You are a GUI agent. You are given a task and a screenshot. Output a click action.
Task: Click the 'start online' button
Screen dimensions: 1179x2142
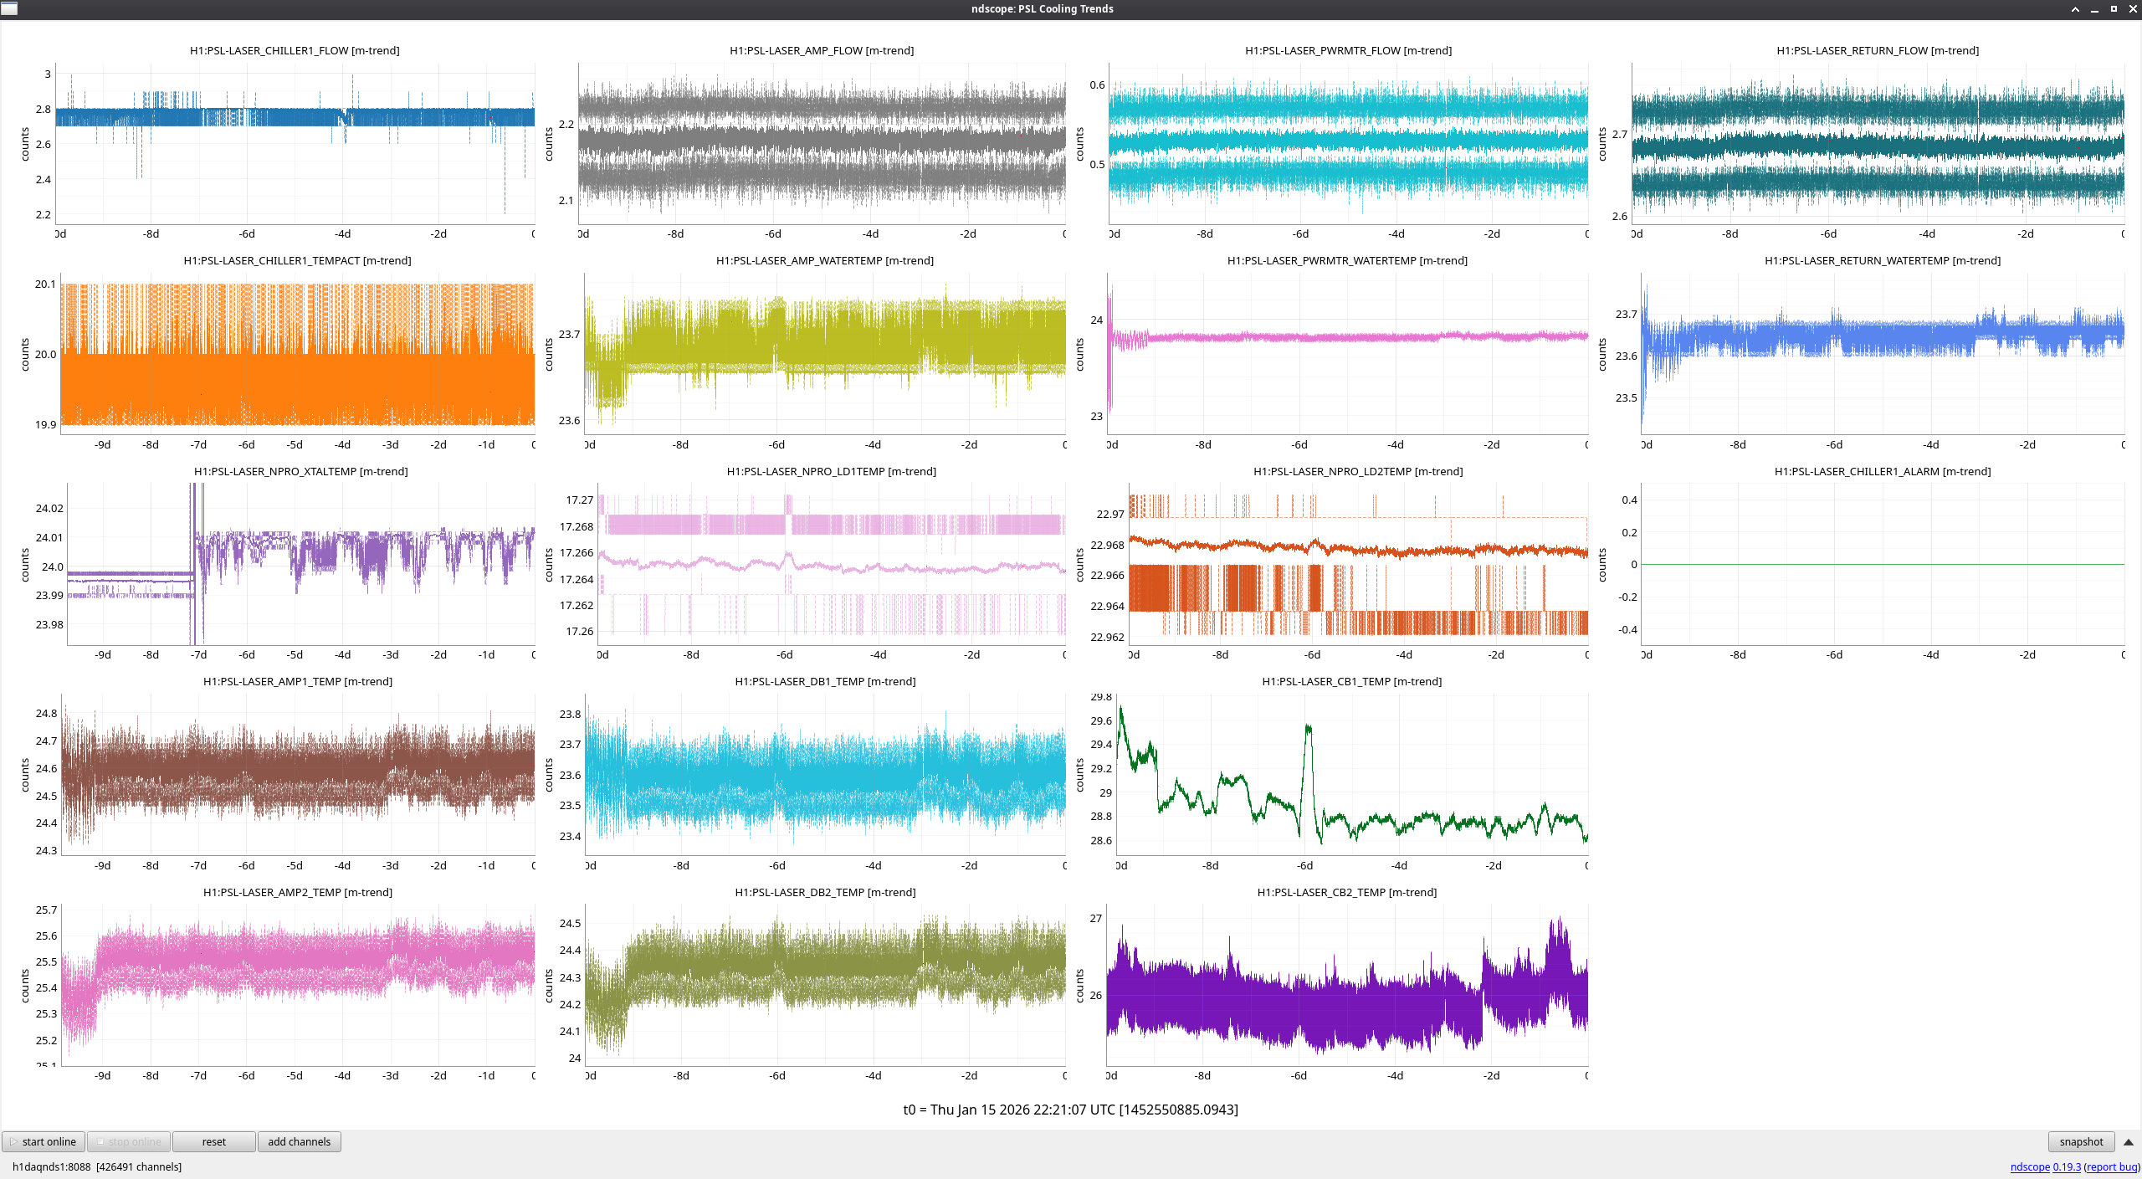click(44, 1141)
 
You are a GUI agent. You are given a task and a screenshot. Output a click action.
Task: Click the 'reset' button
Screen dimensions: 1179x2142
click(213, 1141)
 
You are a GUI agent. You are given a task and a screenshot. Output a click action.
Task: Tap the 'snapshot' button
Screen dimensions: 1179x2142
click(2081, 1141)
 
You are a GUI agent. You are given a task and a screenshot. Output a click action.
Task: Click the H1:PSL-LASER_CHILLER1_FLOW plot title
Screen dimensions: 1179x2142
click(295, 50)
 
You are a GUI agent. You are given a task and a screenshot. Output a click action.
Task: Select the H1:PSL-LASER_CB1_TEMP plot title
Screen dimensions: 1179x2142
click(1351, 681)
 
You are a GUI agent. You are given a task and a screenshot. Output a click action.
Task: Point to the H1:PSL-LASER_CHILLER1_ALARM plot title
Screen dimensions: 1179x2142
click(1883, 471)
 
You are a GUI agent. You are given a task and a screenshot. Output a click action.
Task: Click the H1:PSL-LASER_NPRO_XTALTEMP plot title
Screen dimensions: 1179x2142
click(301, 471)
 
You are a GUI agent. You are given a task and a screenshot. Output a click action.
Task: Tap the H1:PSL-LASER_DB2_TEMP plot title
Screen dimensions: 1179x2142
click(825, 892)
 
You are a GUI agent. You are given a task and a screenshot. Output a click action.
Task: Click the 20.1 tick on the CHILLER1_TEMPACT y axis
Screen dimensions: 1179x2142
click(45, 284)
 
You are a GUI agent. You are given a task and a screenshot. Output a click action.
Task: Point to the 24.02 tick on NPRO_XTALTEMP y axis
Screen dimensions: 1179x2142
click(49, 508)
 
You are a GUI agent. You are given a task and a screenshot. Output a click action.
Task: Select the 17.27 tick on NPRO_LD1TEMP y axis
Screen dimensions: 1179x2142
click(579, 500)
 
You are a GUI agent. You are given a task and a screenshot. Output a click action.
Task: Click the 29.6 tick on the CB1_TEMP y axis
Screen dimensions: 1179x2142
click(1101, 720)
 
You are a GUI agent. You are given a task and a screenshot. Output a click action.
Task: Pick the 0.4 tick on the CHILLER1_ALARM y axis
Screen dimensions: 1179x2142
click(1629, 500)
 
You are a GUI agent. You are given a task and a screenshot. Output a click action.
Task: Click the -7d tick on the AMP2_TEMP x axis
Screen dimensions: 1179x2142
click(198, 1075)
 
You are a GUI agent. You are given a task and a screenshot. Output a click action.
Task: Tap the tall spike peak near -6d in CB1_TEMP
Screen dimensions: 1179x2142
click(1308, 726)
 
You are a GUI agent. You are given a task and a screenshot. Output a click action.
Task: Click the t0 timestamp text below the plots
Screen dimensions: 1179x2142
click(1070, 1110)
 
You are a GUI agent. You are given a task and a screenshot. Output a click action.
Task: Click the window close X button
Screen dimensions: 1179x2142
click(2132, 8)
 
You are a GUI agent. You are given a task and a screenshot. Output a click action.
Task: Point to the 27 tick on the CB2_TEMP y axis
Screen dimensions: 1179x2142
click(1095, 918)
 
